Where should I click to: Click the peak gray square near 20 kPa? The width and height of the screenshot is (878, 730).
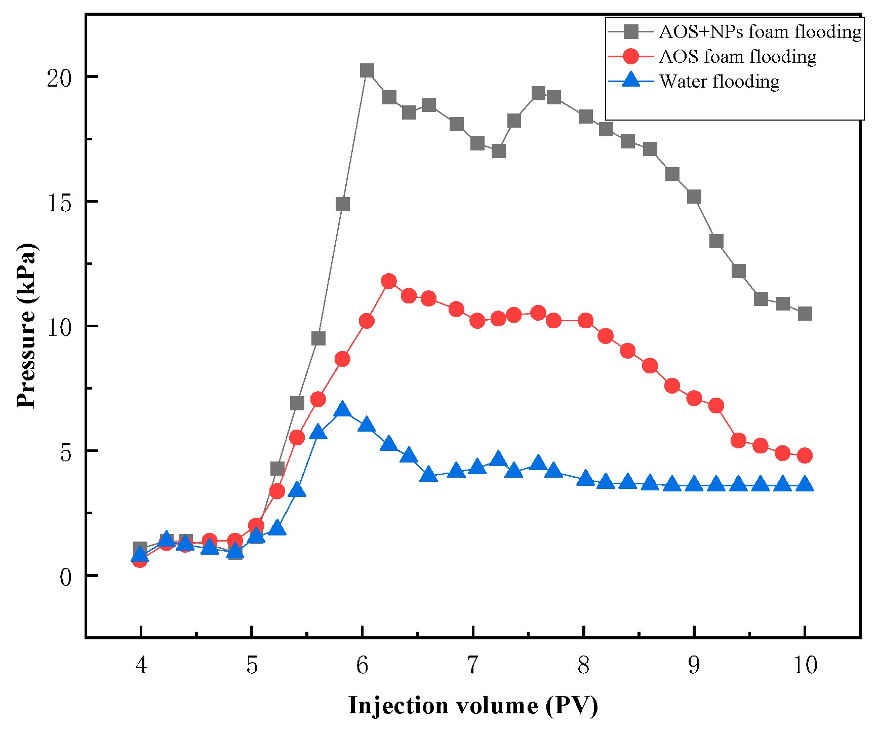(x=367, y=70)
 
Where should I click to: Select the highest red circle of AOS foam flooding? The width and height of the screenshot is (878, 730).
(x=389, y=281)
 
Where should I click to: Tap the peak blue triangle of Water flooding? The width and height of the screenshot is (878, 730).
(x=343, y=409)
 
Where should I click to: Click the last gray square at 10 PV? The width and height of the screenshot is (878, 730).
(x=805, y=314)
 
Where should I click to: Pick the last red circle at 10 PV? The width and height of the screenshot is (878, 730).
(x=805, y=455)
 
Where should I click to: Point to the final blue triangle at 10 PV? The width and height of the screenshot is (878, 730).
(x=805, y=484)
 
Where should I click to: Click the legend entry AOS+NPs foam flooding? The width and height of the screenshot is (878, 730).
(x=760, y=32)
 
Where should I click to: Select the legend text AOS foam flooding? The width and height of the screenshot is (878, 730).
(x=737, y=56)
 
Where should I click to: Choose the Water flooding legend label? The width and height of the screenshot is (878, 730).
(x=719, y=81)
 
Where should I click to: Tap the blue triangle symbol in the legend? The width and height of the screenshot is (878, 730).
(x=631, y=80)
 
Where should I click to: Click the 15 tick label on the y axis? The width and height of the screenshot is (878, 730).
(x=59, y=202)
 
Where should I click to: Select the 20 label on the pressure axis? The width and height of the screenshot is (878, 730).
(x=59, y=77)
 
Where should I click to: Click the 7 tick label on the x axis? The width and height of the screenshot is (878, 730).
(x=472, y=665)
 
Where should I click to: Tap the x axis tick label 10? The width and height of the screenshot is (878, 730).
(x=805, y=665)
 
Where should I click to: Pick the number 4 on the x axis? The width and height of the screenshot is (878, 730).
(x=141, y=665)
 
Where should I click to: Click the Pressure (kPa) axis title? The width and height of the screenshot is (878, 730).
(x=26, y=326)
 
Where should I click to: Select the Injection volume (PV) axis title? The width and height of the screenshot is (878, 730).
(x=473, y=705)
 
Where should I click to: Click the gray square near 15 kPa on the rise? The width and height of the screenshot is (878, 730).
(x=343, y=204)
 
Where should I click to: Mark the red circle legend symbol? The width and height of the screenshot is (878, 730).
(x=631, y=56)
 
